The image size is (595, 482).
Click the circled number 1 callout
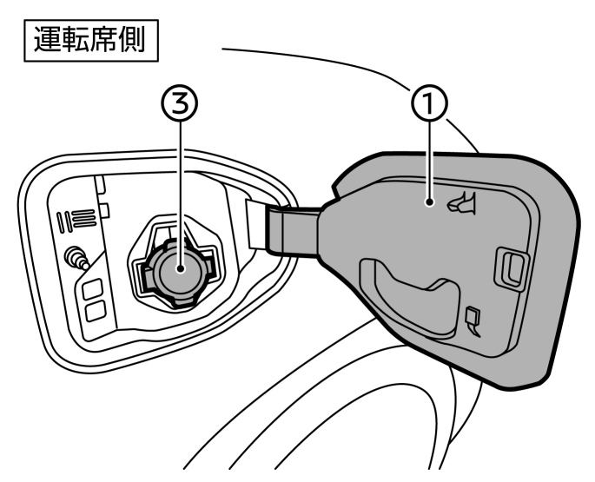[430, 102]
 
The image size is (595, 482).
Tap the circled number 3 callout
[181, 102]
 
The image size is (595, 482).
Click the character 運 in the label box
[48, 39]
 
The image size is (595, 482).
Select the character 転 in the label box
[75, 39]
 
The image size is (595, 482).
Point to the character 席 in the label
[103, 39]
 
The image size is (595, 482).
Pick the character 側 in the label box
[131, 39]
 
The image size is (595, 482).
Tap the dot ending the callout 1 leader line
[429, 202]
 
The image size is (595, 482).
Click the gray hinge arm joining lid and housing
[294, 232]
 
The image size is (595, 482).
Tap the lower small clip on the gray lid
[473, 321]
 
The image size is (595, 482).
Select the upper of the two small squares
[92, 290]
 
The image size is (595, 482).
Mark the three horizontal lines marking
[84, 218]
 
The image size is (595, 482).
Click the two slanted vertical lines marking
[63, 222]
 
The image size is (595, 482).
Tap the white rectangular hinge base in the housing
[257, 225]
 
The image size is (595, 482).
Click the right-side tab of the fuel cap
[208, 260]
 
